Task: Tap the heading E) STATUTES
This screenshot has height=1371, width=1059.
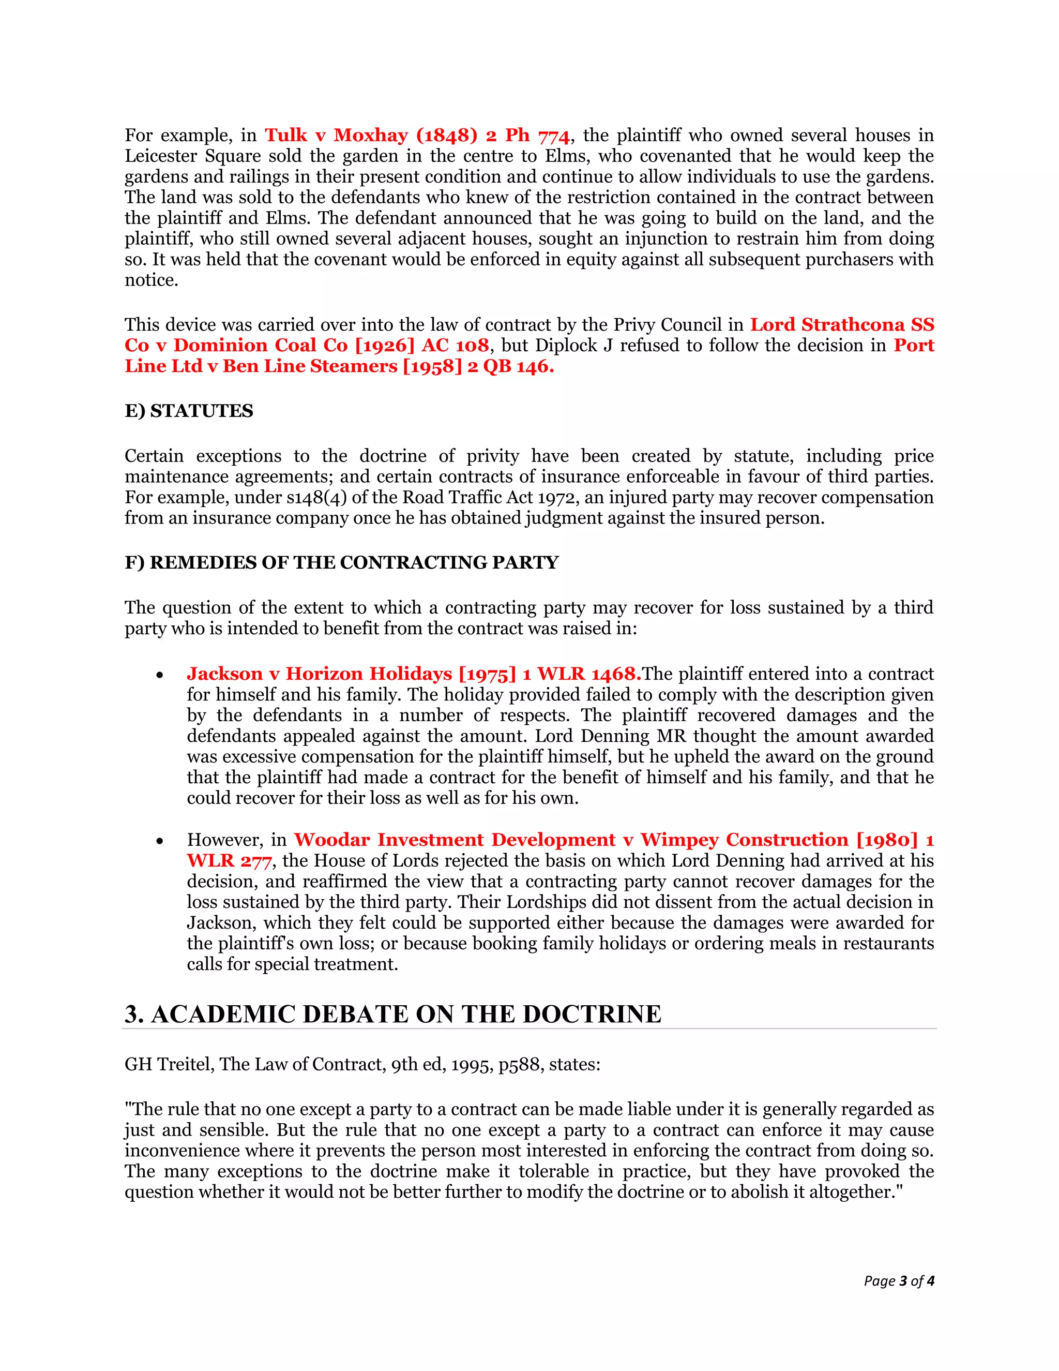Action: coord(189,411)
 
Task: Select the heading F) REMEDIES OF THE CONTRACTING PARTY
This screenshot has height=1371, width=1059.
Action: coord(341,562)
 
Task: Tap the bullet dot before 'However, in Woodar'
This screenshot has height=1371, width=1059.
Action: coord(160,842)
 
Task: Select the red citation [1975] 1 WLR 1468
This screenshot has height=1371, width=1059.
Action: coord(550,674)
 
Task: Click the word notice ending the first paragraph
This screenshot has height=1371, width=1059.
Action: coord(150,280)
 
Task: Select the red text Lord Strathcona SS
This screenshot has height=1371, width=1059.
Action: coord(842,325)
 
